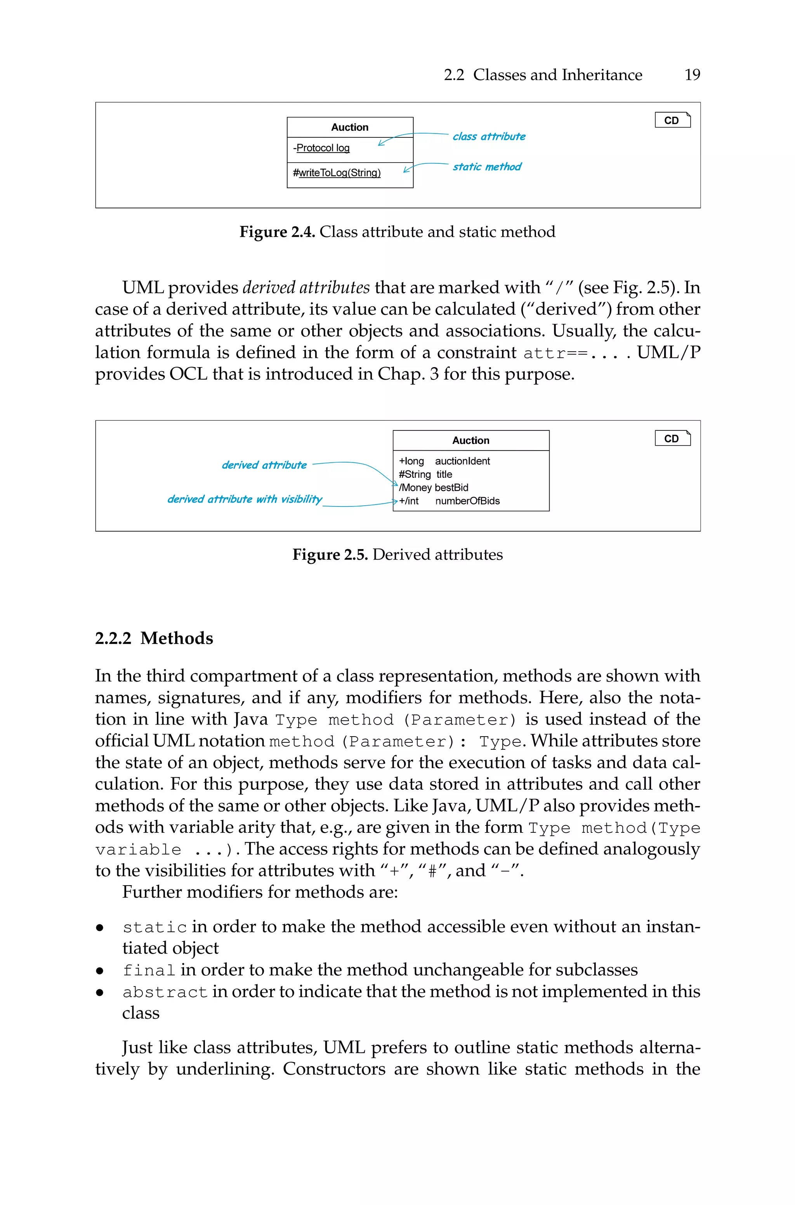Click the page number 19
point(692,75)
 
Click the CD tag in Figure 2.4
point(672,120)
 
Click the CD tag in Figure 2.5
point(672,438)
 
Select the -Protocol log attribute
point(321,148)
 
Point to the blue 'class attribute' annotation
point(489,136)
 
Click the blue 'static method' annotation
point(487,167)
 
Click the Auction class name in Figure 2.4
point(350,127)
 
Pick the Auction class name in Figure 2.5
point(470,440)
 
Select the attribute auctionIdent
point(462,461)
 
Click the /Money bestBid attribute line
point(434,487)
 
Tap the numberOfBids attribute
point(467,501)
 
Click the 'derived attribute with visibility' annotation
point(245,499)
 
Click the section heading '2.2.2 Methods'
point(154,638)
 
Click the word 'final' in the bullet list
point(149,970)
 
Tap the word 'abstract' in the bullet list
point(165,992)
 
